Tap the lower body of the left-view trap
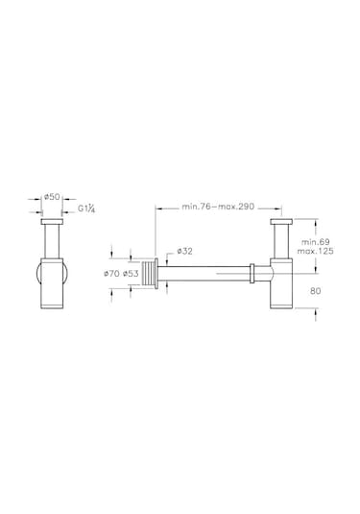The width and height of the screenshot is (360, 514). click(x=54, y=288)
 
